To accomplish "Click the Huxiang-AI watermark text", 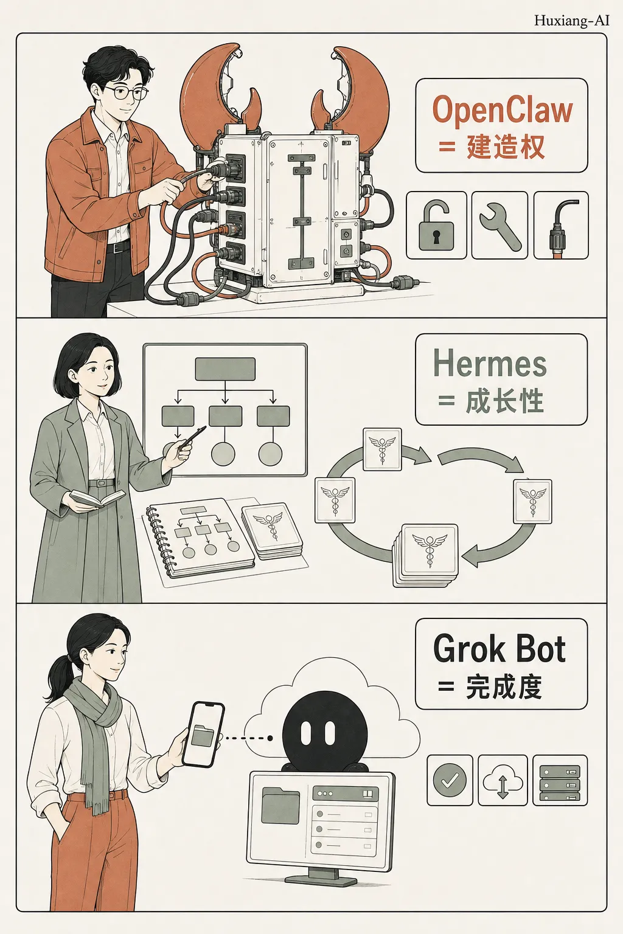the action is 571,21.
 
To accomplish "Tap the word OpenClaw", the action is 503,109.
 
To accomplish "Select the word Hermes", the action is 490,363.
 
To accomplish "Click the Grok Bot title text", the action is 499,649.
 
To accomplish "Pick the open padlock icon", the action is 436,226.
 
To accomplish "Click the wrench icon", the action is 499,226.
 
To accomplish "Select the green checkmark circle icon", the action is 450,780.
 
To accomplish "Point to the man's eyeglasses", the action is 125,92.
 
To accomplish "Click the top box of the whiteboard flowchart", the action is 225,369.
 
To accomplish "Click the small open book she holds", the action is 97,498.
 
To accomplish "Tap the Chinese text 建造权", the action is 506,147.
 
